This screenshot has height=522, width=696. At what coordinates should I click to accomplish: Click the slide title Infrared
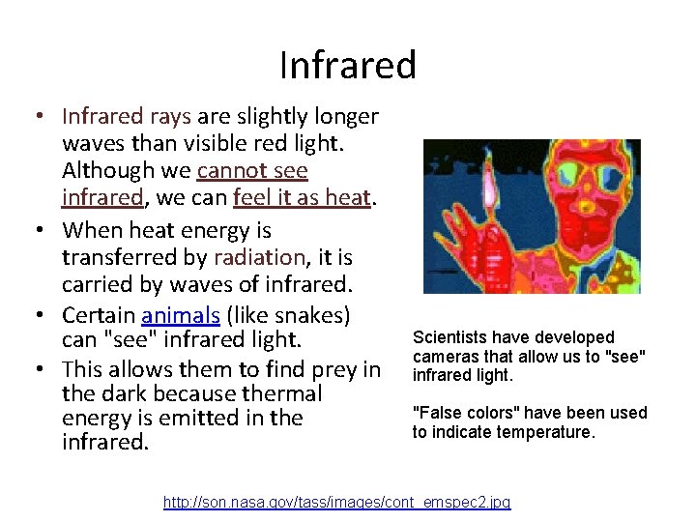point(348,65)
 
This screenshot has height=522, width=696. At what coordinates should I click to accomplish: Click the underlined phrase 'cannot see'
point(252,171)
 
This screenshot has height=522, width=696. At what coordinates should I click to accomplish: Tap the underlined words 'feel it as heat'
point(303,197)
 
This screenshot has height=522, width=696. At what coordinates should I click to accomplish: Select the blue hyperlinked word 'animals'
point(179,315)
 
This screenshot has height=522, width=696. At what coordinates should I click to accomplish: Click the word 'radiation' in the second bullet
point(259,257)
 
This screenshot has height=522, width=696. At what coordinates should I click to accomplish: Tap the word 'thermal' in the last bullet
point(285,393)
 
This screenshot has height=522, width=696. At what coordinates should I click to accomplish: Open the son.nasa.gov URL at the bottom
point(336,502)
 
